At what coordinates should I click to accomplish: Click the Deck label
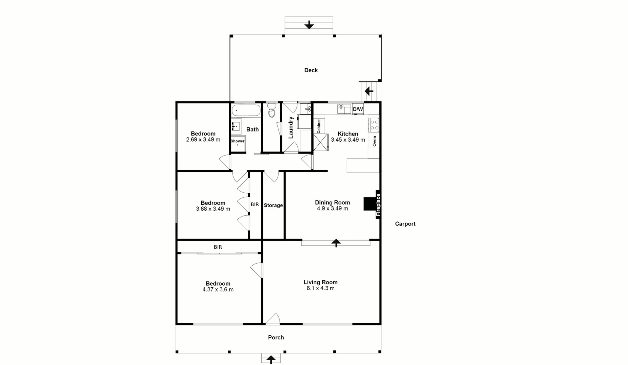coord(311,70)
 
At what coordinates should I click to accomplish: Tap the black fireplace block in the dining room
coord(369,204)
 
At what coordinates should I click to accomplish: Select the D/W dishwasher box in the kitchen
coord(358,109)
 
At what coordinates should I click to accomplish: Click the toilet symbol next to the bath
coord(272,110)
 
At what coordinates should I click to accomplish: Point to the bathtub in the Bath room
coord(246,110)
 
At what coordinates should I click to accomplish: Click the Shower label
coord(238,141)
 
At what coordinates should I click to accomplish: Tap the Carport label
coord(405,224)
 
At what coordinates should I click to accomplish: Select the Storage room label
coord(273,205)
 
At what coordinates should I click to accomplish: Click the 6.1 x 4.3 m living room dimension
coord(320,288)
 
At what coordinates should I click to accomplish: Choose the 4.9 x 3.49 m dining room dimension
coord(332,209)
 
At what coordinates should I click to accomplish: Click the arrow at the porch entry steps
coord(271,359)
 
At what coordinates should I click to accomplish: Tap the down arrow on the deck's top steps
coord(309,25)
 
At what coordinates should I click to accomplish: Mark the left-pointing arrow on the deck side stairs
coord(369,91)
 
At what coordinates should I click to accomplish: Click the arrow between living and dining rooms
coord(336,243)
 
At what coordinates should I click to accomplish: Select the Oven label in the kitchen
coord(374,141)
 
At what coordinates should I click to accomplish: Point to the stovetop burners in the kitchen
coord(374,124)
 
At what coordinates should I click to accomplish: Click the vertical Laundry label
coord(290,128)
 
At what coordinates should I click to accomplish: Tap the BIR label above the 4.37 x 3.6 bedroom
coord(218,247)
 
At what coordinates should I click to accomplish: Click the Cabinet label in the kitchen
coord(319,126)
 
